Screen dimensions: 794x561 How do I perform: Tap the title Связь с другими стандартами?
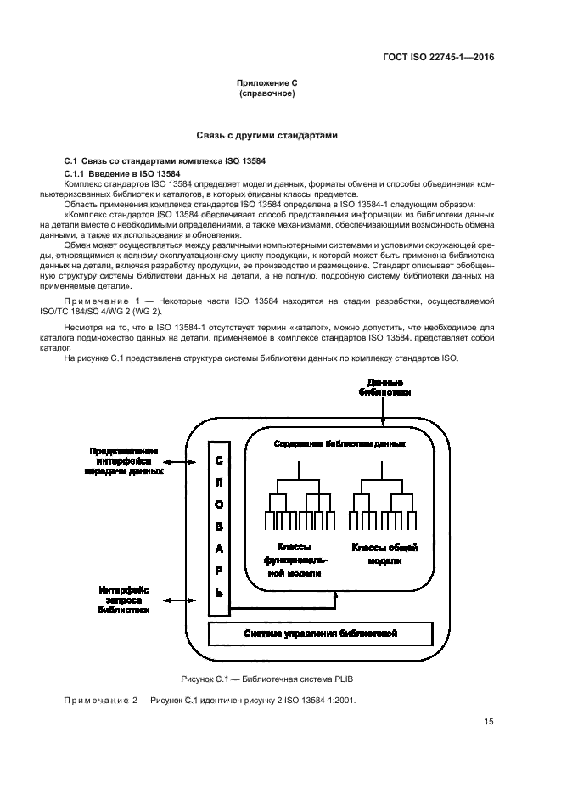[267, 135]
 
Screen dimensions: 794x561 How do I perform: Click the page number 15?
[489, 722]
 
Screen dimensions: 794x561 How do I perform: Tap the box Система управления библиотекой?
[321, 634]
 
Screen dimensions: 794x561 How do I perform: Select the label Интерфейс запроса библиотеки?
[124, 600]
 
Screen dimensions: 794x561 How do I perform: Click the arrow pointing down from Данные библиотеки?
[384, 412]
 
